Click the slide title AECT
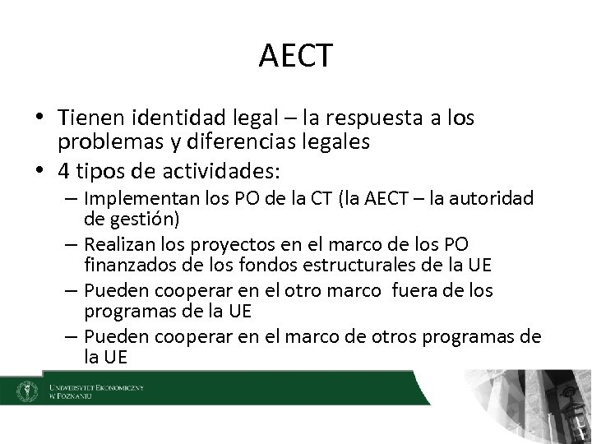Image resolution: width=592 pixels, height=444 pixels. (295, 56)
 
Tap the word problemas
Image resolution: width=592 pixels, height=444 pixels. (106, 141)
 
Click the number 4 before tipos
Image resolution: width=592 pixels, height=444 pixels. (63, 172)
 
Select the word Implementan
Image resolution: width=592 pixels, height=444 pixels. (136, 200)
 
